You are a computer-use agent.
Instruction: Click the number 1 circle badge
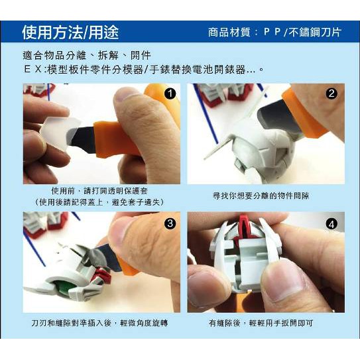coord(170,93)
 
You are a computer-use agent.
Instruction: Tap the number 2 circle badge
coord(331,93)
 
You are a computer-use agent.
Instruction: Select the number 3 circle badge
coord(170,223)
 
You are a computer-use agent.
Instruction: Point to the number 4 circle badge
coord(331,224)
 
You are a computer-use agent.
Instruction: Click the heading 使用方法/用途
coord(70,32)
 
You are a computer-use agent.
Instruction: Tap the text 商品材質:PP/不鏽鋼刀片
coord(275,32)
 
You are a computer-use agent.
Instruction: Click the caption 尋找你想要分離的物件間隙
coord(261,196)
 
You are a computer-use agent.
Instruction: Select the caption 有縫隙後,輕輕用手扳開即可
coord(261,323)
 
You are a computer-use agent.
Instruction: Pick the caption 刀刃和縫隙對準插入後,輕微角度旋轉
coord(99,323)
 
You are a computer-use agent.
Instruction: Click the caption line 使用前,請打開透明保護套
coord(99,190)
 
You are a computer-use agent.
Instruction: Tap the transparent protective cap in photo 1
coord(60,133)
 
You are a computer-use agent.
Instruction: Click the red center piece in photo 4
coord(245,229)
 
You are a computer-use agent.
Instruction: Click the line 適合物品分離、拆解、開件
coord(87,55)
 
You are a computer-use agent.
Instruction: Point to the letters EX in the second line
coord(32,69)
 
